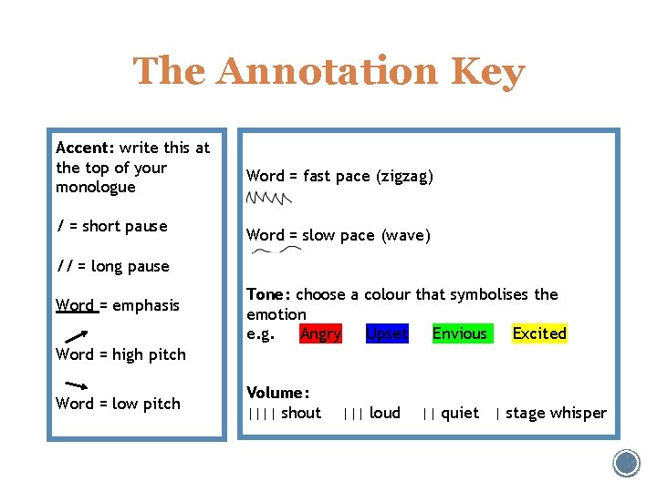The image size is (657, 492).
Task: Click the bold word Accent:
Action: [x=85, y=148]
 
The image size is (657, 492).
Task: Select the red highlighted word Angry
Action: [x=320, y=333]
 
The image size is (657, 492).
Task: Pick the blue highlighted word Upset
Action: [x=386, y=333]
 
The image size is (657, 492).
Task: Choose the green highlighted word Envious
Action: [x=459, y=333]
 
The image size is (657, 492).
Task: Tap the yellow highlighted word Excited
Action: [x=539, y=333]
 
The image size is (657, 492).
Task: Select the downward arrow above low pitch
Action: [x=76, y=384]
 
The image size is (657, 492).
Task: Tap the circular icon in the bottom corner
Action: [x=627, y=463]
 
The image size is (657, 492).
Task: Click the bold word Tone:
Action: [x=269, y=294]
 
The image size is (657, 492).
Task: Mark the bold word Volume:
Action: [x=278, y=393]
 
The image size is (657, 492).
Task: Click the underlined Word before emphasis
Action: [x=75, y=305]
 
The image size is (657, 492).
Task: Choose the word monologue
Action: [x=96, y=188]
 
